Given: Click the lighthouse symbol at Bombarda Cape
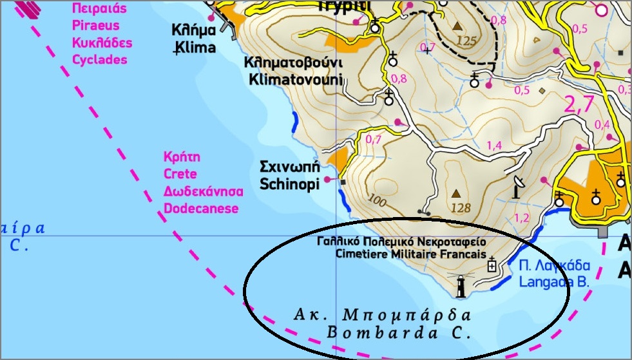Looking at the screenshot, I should [x=461, y=285].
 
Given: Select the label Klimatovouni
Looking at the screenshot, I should [x=293, y=79].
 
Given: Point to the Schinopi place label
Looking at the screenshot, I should [x=290, y=184].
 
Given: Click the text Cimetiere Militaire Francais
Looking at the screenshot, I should [x=411, y=254].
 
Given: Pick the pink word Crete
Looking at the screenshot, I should [x=180, y=174].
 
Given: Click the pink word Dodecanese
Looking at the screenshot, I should [x=201, y=208].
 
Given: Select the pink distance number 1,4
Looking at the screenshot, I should [x=494, y=146].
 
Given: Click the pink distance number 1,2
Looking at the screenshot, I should [x=522, y=217].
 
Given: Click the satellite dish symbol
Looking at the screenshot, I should [x=518, y=187].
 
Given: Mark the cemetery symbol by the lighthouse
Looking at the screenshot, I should [x=493, y=264].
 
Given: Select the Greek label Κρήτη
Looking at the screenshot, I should [x=182, y=157].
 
